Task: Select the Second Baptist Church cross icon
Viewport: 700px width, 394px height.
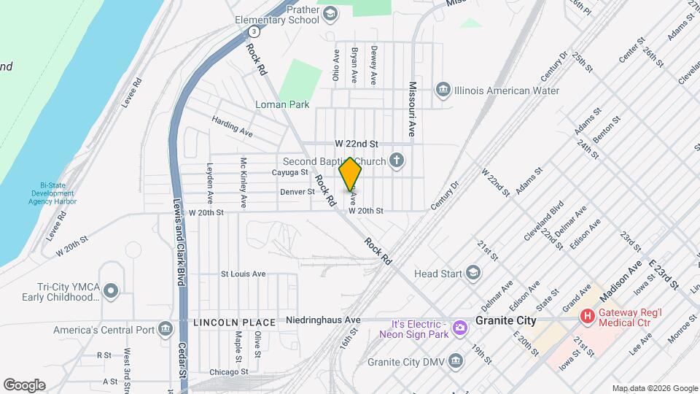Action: point(397,161)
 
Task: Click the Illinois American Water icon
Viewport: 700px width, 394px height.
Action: point(443,90)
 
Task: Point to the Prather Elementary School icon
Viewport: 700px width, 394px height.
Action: point(330,13)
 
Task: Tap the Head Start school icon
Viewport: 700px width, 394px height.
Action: point(473,274)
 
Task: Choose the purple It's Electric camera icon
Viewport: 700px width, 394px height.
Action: point(459,328)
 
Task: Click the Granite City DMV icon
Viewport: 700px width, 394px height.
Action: point(456,360)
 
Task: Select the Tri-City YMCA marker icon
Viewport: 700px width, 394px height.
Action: point(111,292)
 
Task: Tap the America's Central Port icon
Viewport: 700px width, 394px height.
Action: point(166,330)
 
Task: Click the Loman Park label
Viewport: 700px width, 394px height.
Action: point(282,104)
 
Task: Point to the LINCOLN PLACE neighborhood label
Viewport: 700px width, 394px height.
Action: point(235,322)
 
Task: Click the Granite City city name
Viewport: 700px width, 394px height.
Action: point(505,320)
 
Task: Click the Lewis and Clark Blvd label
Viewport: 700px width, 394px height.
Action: point(177,241)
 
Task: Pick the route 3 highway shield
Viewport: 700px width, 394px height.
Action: point(252,32)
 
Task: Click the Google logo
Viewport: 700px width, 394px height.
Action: point(24,385)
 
